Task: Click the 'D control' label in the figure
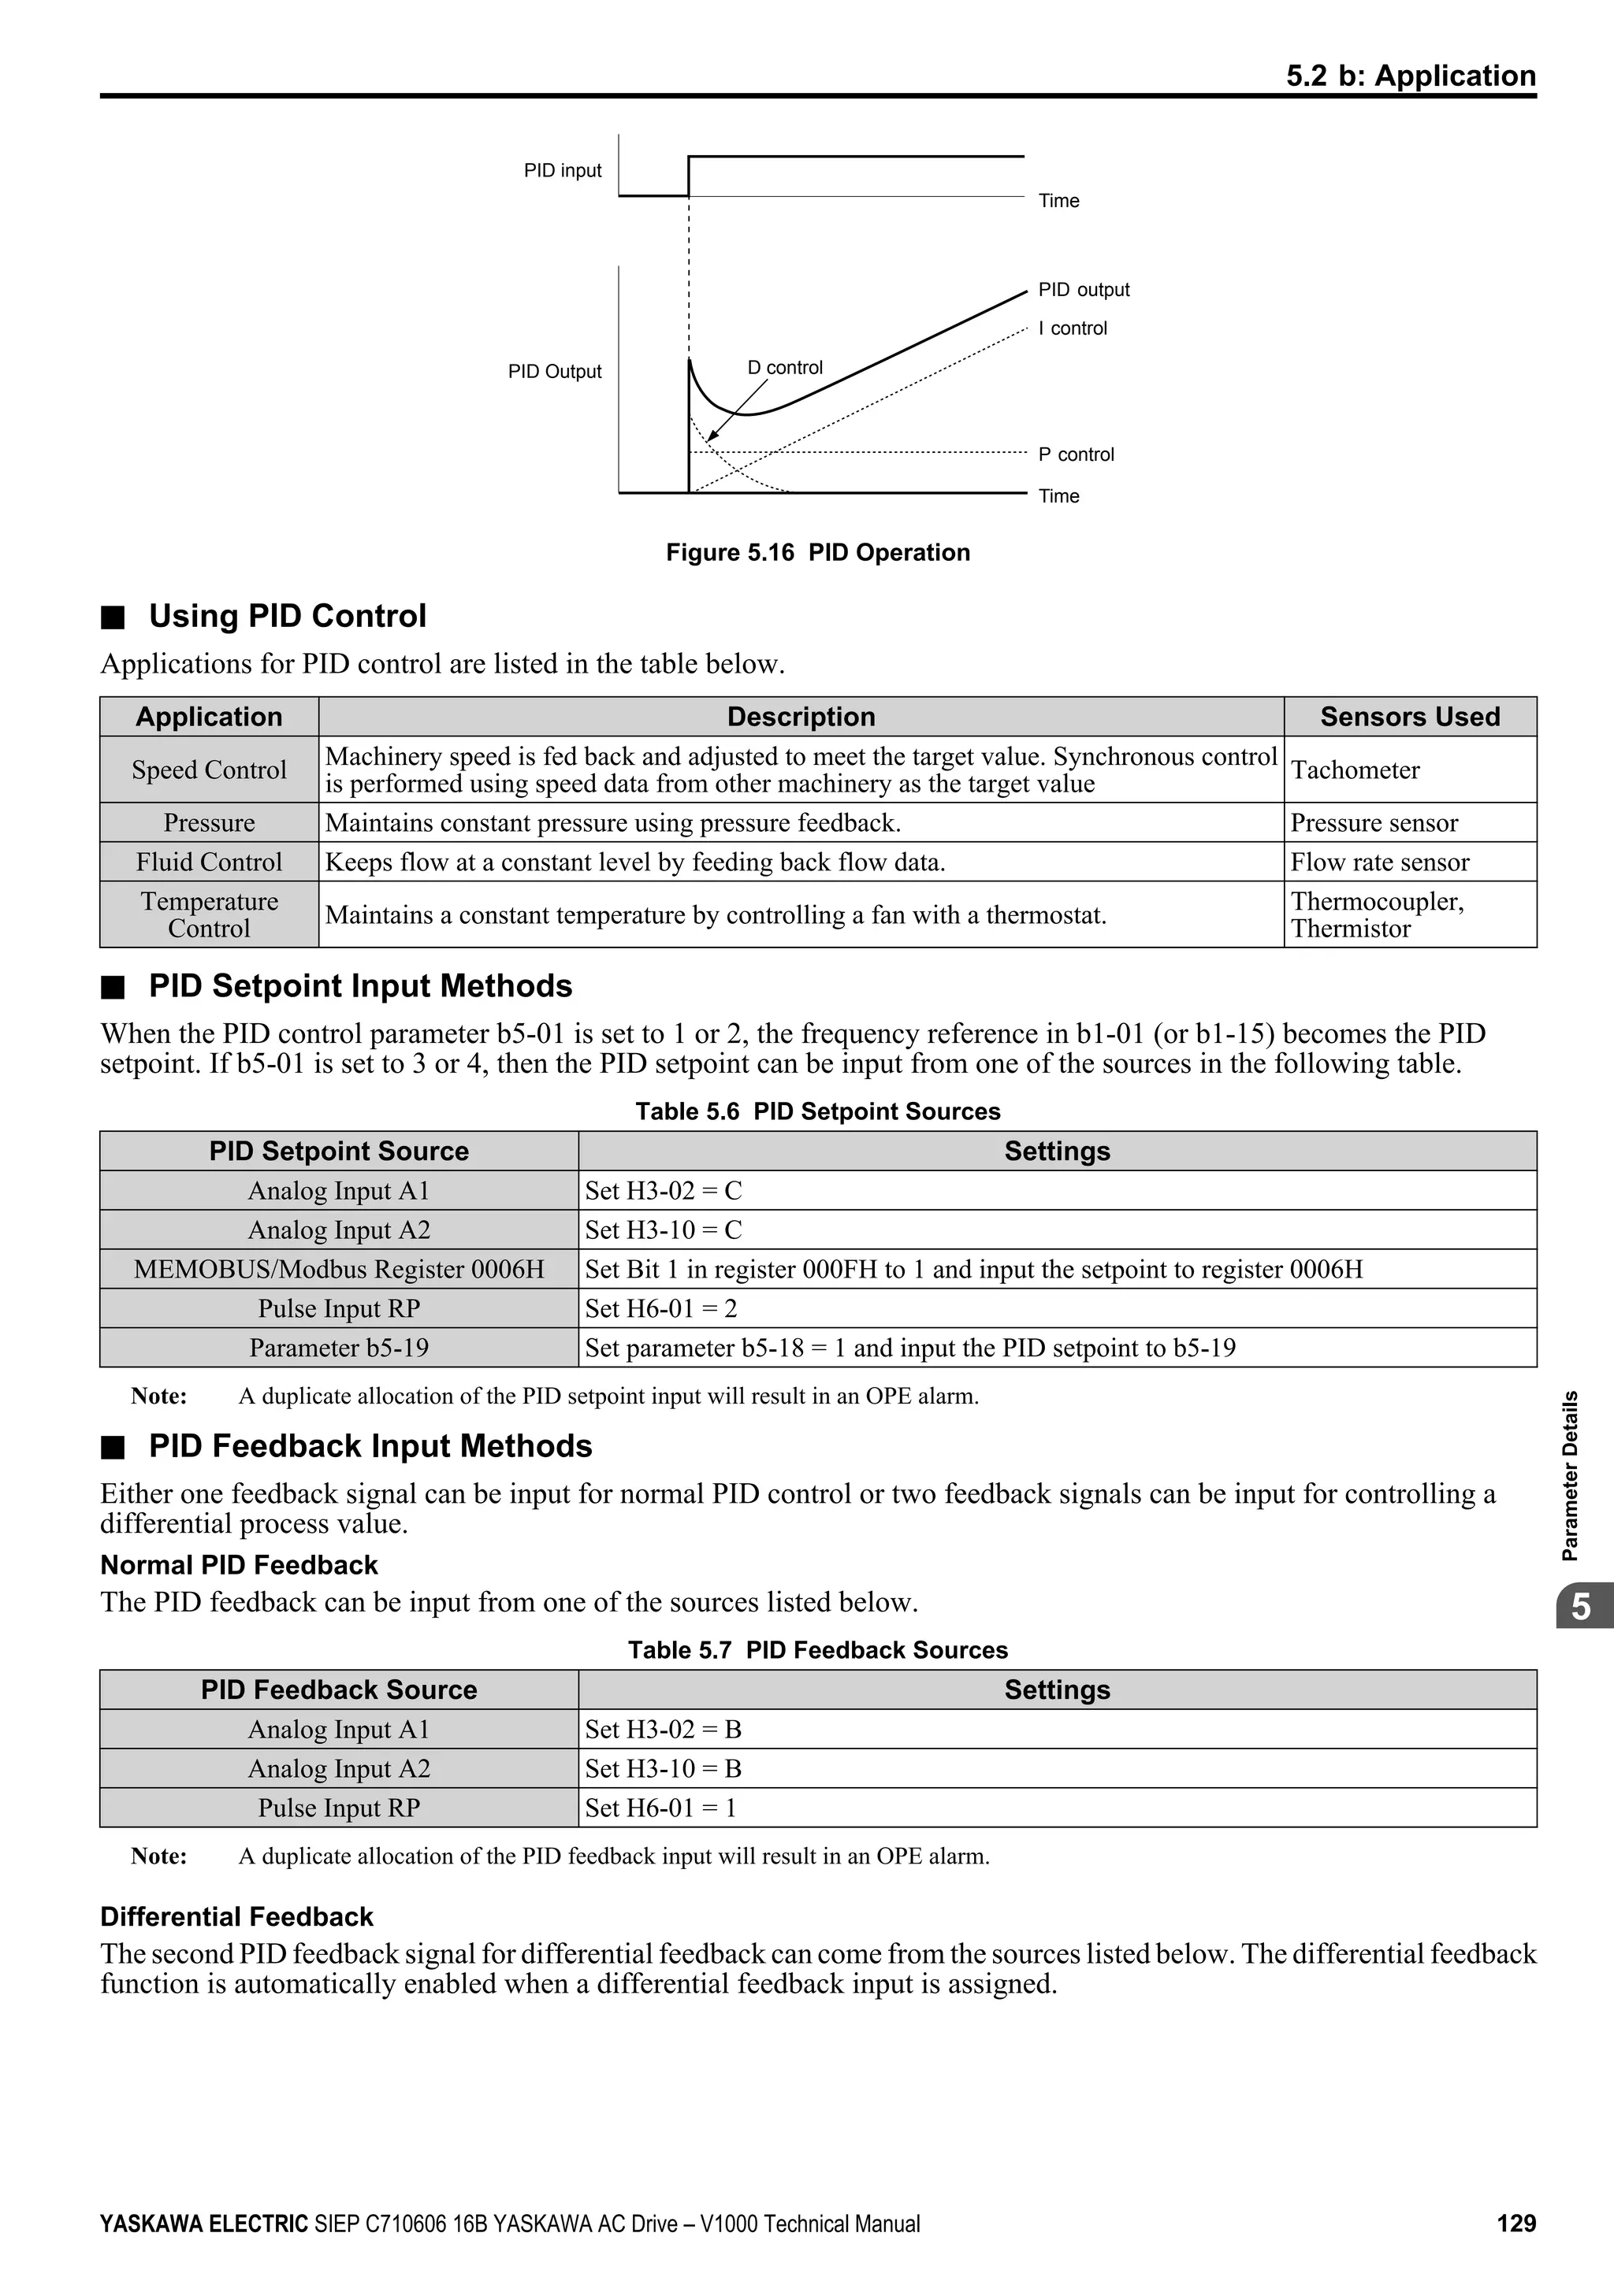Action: (x=784, y=368)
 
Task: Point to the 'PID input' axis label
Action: (x=563, y=171)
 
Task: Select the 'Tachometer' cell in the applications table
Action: (x=1355, y=770)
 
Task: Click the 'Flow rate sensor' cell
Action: (x=1378, y=862)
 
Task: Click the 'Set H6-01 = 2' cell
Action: (x=661, y=1308)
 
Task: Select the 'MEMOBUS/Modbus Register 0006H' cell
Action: (x=339, y=1270)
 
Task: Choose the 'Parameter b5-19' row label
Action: (x=339, y=1348)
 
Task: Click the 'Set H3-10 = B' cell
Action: (x=663, y=1768)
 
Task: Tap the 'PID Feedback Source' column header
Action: (x=339, y=1690)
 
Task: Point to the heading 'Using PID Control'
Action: (x=287, y=616)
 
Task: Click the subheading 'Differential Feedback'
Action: (x=236, y=1917)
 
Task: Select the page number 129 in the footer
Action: (x=1515, y=2224)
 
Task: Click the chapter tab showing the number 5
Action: (x=1580, y=1607)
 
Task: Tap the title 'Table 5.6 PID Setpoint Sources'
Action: (x=817, y=1111)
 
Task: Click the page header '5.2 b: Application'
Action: (x=1410, y=76)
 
